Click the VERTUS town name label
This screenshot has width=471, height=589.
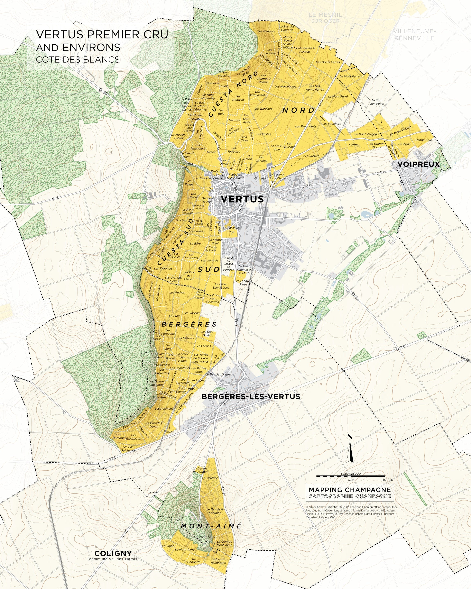pyautogui.click(x=242, y=199)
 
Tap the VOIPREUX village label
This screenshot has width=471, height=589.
pyautogui.click(x=419, y=164)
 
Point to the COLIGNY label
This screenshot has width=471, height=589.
pyautogui.click(x=113, y=553)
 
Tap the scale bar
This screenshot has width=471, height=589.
pyautogui.click(x=350, y=476)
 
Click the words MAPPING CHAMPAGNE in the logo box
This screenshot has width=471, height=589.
pyautogui.click(x=350, y=490)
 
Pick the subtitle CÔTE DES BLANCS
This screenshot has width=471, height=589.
pyautogui.click(x=78, y=60)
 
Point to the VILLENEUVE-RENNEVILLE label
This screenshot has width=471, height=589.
pyautogui.click(x=414, y=35)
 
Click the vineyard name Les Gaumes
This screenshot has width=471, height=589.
pyautogui.click(x=266, y=31)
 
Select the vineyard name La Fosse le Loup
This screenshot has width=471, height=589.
pyautogui.click(x=231, y=229)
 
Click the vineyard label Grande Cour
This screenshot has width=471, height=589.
pyautogui.click(x=423, y=140)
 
